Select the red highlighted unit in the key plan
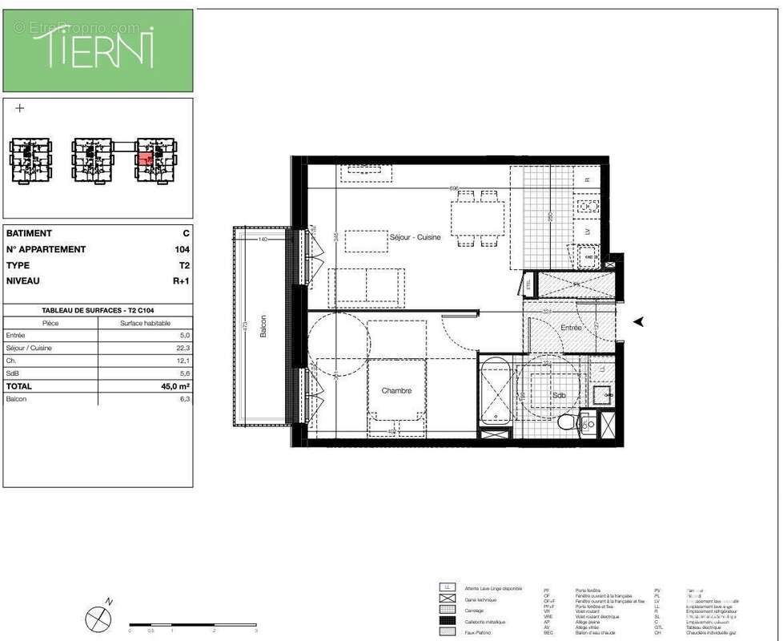coord(145,159)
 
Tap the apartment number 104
coord(183,249)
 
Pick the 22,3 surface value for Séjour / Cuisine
coord(184,349)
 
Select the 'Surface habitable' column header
coord(145,323)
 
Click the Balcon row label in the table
coord(17,399)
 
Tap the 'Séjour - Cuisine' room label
coord(415,238)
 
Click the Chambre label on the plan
coord(396,391)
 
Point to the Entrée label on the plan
coord(571,328)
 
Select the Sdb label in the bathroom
coord(558,396)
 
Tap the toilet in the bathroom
coord(567,421)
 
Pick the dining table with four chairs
coord(477,217)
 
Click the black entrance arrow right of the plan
coord(639,322)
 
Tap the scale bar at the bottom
coord(192,623)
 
